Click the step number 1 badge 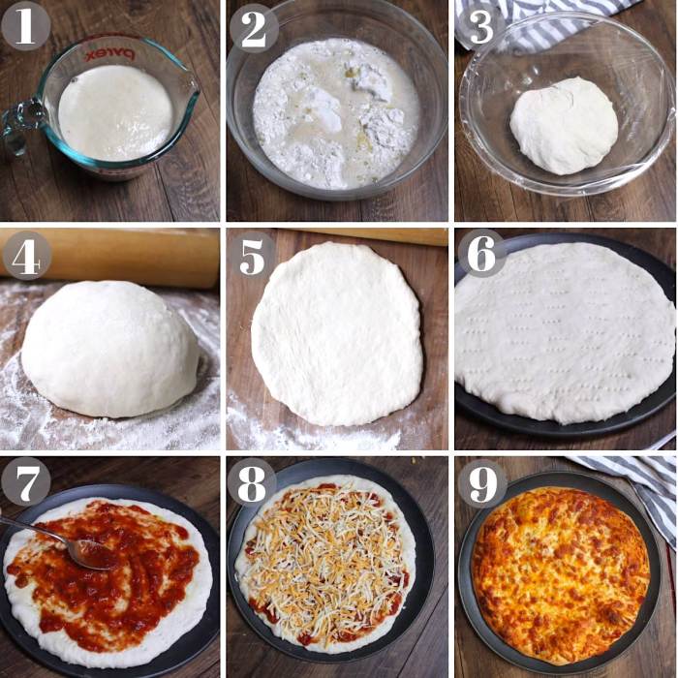25,26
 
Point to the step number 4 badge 26,255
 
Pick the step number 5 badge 253,255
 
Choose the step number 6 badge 481,253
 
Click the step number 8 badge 252,481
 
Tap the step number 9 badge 481,481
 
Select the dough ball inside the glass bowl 564,125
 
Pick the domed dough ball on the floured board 110,349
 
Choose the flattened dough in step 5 336,334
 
